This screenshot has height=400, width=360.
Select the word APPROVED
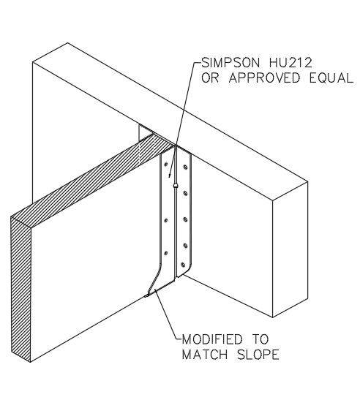click(x=264, y=78)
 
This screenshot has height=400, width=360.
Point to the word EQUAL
click(x=331, y=78)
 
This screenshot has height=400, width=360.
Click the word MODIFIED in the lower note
click(x=211, y=339)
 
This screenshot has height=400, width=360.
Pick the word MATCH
click(x=205, y=355)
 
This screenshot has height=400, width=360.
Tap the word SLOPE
click(x=258, y=355)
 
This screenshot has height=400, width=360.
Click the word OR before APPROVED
click(x=210, y=78)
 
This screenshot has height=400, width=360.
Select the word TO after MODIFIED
click(x=260, y=339)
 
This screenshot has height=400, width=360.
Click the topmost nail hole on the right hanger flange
click(x=185, y=167)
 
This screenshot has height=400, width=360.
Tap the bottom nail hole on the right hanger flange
click(x=182, y=265)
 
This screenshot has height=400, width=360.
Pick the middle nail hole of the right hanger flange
click(x=185, y=219)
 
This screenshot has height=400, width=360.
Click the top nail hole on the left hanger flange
click(x=165, y=165)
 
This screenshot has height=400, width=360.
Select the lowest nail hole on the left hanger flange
click(x=165, y=253)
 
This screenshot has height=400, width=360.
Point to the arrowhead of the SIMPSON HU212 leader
click(x=169, y=176)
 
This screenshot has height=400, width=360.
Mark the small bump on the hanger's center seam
click(x=175, y=185)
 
